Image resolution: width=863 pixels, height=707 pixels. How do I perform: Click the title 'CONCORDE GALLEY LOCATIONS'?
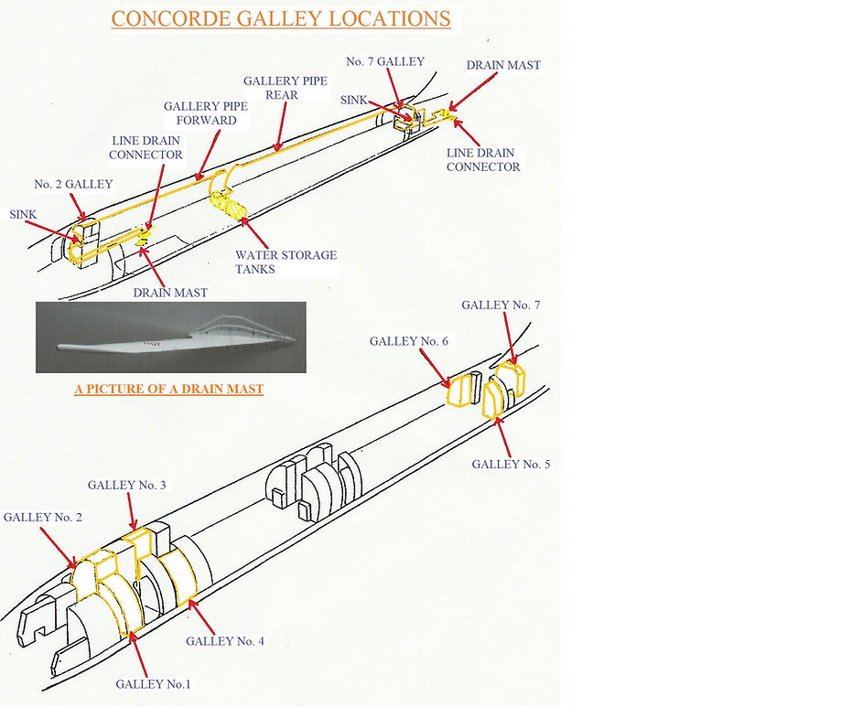[281, 18]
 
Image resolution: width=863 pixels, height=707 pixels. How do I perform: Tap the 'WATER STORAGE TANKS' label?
[286, 262]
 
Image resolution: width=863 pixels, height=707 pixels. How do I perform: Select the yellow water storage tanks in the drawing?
[230, 199]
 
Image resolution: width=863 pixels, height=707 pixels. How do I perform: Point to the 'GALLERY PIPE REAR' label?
[285, 88]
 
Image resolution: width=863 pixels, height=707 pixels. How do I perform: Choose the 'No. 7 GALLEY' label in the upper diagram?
[384, 61]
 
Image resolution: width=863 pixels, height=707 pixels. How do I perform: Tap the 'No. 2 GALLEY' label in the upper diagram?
[73, 185]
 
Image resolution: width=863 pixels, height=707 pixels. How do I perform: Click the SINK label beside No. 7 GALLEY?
[354, 99]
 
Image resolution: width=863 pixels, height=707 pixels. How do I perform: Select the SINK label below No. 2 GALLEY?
[23, 213]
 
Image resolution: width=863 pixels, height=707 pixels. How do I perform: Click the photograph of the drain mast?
[170, 337]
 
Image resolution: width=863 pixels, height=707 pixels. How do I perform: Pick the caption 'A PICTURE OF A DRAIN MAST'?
[168, 389]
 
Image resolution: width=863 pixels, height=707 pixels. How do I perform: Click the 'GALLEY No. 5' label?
[511, 465]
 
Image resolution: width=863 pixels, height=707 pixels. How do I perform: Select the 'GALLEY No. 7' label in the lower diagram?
[501, 305]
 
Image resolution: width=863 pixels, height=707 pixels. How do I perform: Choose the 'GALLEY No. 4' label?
[225, 641]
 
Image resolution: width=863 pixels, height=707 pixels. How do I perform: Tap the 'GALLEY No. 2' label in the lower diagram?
[42, 517]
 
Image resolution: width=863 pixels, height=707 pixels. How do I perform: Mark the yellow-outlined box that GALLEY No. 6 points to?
[462, 390]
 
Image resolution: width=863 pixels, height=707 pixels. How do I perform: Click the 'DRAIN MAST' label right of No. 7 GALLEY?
[502, 65]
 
